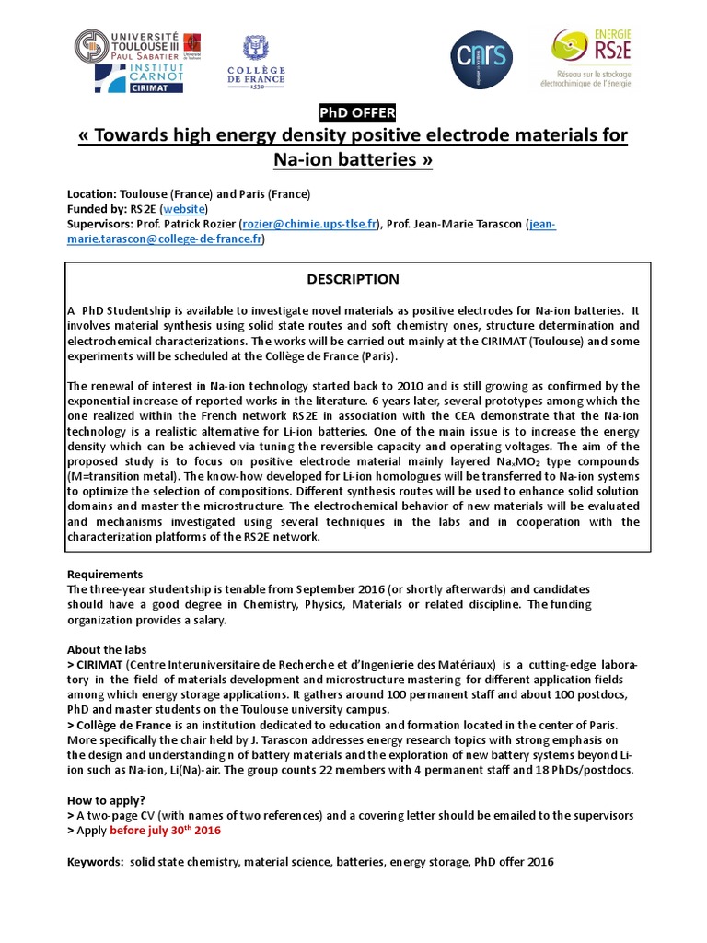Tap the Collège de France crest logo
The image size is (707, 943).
[x=255, y=60]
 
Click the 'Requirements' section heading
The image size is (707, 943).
[x=105, y=574]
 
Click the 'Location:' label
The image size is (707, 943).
[x=91, y=194]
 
